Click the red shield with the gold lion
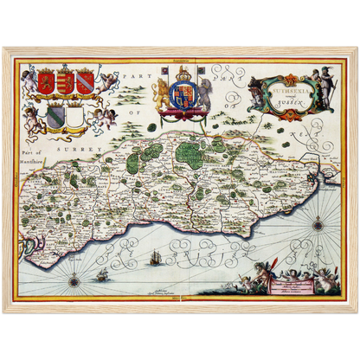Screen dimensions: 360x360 tap(46, 82)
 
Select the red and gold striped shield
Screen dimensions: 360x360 tap(65, 82)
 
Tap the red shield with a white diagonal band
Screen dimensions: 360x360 tap(83, 82)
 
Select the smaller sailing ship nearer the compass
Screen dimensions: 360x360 tap(102, 274)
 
